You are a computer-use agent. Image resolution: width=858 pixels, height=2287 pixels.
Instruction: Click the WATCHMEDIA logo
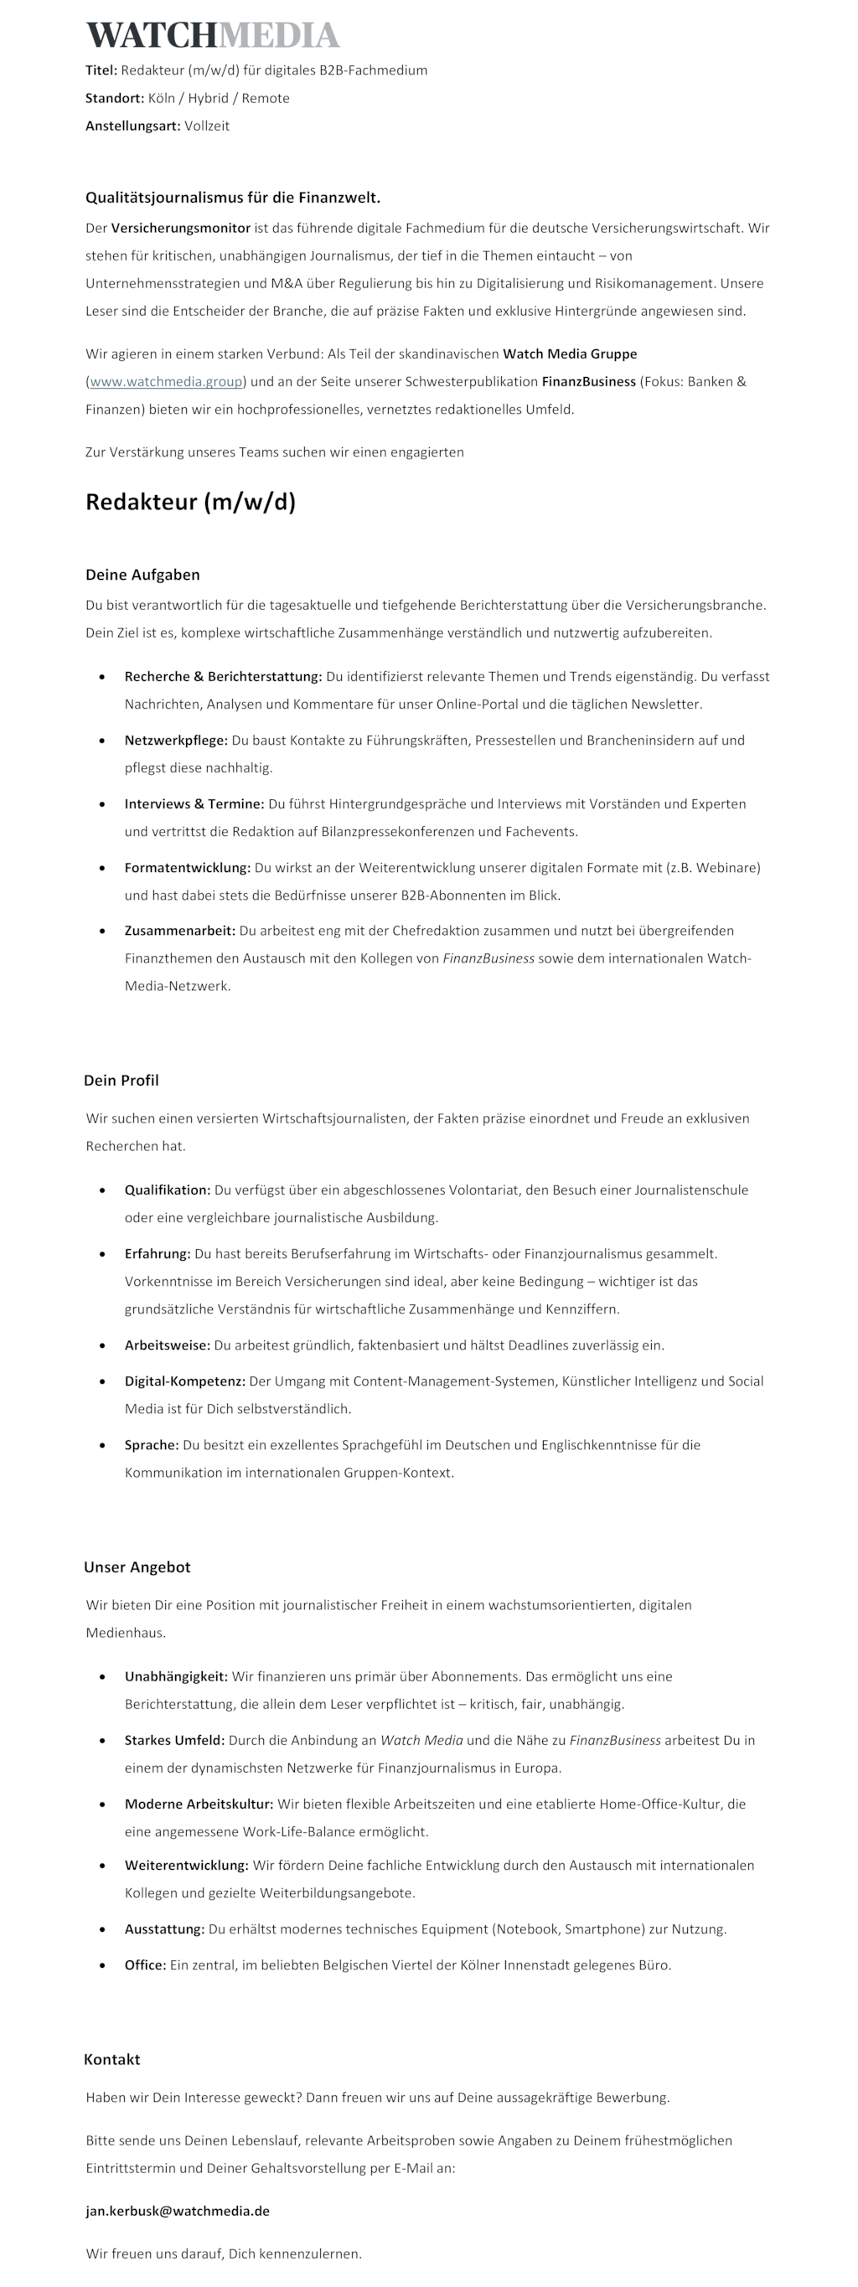point(212,35)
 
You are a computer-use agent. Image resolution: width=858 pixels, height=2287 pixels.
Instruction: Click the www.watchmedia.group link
point(166,382)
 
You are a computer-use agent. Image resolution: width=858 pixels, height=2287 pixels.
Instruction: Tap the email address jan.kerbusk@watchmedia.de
point(178,2211)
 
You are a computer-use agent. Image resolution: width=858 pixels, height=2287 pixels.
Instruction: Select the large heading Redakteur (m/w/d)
point(190,502)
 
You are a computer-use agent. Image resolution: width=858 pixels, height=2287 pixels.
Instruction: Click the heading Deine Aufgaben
point(142,575)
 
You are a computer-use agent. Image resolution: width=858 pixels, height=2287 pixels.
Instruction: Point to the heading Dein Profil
point(121,1081)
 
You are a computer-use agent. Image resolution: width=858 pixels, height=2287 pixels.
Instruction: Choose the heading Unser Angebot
point(137,1567)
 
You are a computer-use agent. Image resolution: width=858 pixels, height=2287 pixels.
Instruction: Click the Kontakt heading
point(112,2059)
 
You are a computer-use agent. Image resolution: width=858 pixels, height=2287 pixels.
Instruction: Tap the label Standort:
point(115,99)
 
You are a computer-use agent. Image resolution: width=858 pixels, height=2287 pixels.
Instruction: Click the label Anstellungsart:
point(132,126)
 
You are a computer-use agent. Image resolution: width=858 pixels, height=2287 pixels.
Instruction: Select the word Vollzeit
point(207,126)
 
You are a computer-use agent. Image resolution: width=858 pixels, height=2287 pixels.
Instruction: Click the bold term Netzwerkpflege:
point(176,741)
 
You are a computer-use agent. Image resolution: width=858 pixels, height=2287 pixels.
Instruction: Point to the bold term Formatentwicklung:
point(188,867)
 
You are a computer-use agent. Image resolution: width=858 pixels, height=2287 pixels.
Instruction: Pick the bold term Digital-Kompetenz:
point(184,1381)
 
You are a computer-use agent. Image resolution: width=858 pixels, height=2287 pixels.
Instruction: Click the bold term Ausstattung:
point(164,1928)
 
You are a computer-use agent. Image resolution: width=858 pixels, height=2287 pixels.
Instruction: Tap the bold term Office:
point(145,1964)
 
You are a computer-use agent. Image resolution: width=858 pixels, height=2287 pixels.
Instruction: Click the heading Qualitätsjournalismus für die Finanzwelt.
point(233,197)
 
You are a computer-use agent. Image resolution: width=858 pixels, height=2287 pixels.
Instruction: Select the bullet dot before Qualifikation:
point(104,1190)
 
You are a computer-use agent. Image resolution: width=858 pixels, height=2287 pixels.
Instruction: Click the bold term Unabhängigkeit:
point(176,1676)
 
